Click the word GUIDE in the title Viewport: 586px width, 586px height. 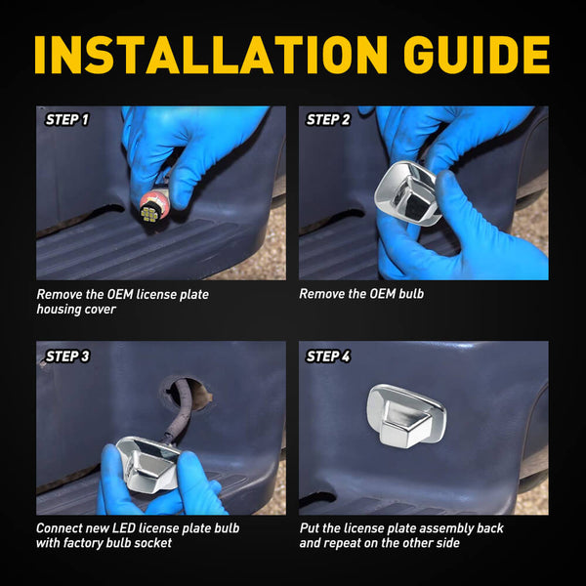[477, 55]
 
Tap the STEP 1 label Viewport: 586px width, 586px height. [66, 120]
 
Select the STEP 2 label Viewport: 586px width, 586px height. [328, 120]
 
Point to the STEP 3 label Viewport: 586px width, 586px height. [67, 356]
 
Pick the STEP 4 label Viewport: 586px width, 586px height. [328, 356]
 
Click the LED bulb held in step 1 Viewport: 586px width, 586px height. [153, 210]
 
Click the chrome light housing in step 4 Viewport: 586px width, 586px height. [406, 416]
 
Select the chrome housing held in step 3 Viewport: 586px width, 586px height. [147, 463]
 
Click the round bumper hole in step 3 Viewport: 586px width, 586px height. [186, 394]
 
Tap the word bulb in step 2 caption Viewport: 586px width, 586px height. [411, 294]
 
